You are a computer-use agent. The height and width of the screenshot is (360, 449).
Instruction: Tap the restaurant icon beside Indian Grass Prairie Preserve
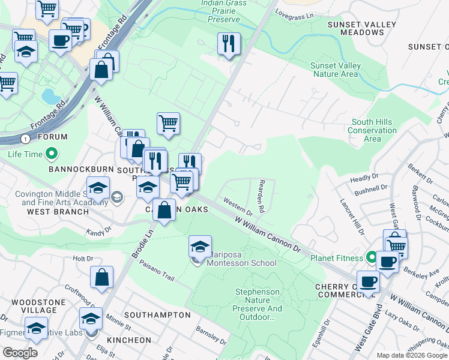click(x=229, y=44)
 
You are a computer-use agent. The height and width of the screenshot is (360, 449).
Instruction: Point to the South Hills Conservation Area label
click(x=372, y=130)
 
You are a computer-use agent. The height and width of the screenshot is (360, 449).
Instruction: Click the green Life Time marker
click(x=52, y=154)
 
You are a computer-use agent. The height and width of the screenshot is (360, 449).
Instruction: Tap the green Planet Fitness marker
click(x=372, y=259)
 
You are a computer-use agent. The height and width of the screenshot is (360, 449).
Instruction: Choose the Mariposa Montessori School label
click(x=241, y=263)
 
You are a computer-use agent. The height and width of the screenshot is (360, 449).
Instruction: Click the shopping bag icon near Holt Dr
click(x=102, y=278)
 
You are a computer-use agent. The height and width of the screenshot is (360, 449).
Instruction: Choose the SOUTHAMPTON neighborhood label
click(x=149, y=314)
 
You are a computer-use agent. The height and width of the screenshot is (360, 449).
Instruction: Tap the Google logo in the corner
click(x=20, y=353)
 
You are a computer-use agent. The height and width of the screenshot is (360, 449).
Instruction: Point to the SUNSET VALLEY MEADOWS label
click(x=361, y=29)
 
